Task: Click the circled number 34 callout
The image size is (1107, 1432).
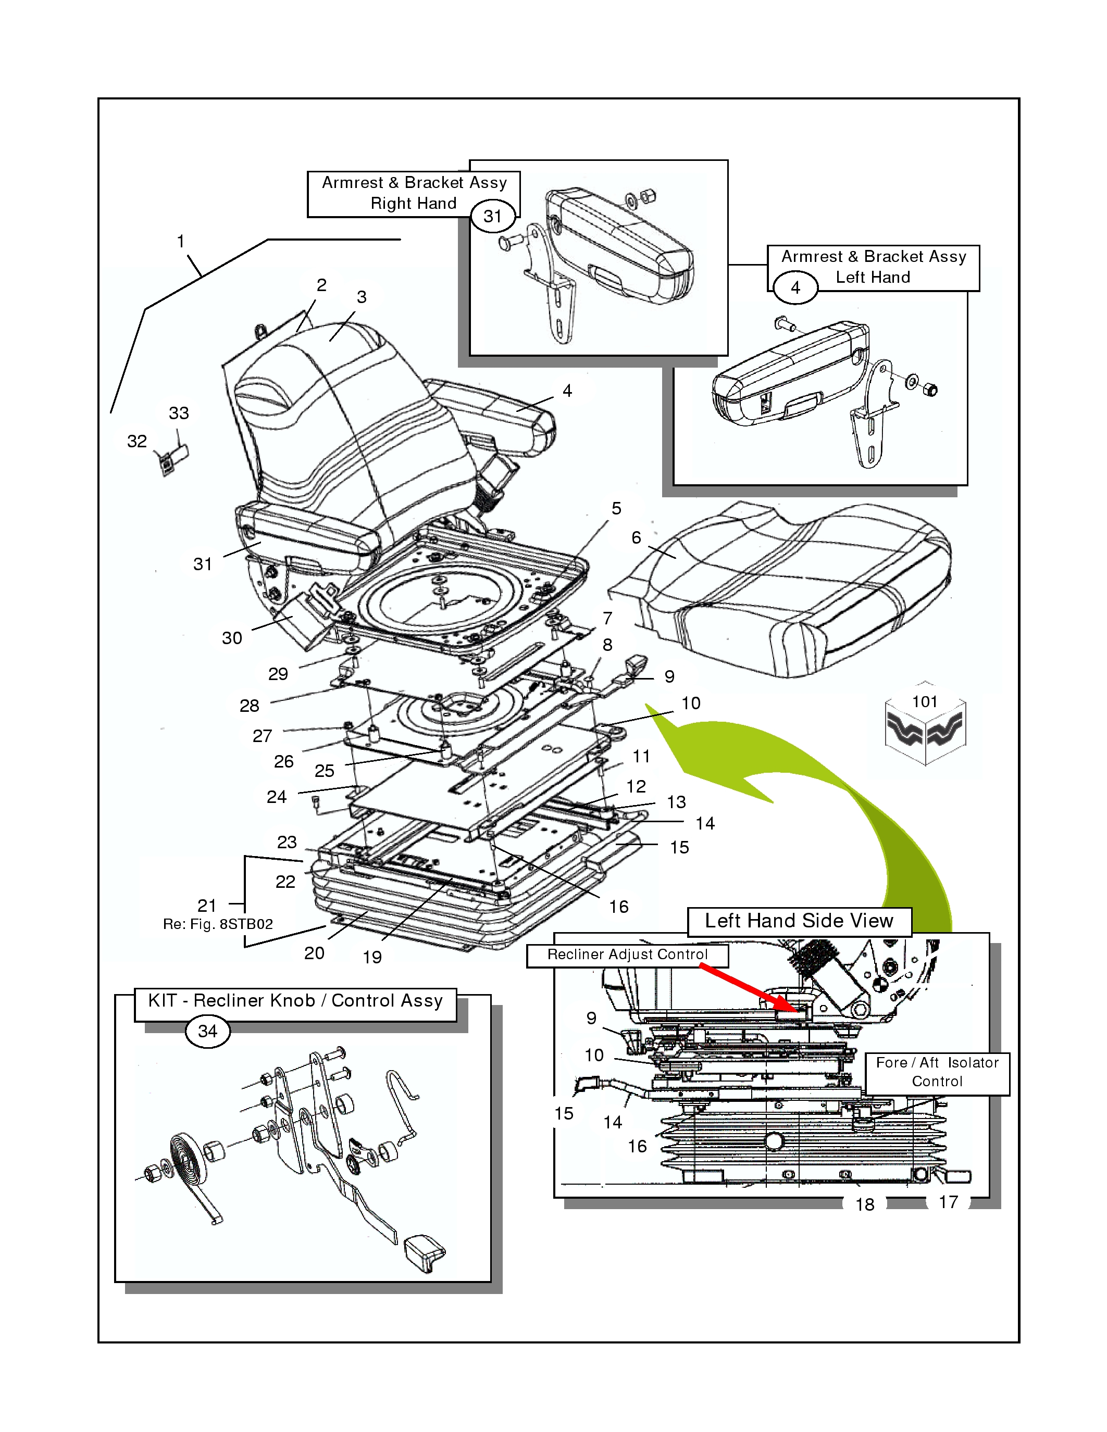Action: [207, 1032]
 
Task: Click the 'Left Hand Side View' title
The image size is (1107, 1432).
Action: [799, 921]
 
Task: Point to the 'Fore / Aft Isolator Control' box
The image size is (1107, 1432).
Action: [937, 1072]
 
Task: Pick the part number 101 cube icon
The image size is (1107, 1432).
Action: [925, 728]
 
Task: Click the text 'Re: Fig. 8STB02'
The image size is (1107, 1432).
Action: [218, 924]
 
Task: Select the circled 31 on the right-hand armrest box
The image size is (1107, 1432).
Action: [492, 217]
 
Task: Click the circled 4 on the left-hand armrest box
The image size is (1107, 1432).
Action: [795, 288]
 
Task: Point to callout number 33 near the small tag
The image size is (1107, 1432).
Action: [178, 413]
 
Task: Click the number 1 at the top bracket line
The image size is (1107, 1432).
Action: [180, 242]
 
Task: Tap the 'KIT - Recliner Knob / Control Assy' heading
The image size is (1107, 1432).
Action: [295, 1000]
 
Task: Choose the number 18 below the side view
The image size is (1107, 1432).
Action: [864, 1204]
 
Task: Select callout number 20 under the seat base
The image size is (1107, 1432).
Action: [314, 953]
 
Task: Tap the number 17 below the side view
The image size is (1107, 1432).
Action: [948, 1202]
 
